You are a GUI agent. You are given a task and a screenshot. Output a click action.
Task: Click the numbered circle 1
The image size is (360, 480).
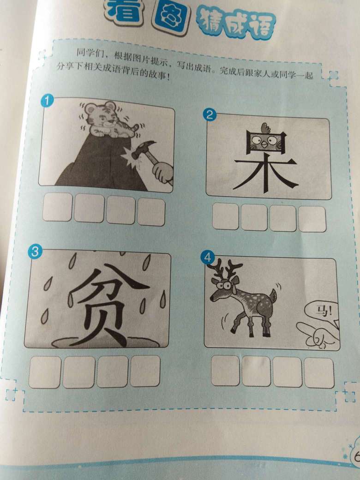coord(47,101)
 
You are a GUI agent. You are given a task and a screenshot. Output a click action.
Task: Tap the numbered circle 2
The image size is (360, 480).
coord(210,115)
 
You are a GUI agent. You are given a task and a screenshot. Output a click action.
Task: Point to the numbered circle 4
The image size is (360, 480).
coord(208,258)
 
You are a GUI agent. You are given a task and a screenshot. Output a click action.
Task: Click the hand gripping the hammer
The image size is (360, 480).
coord(163,173)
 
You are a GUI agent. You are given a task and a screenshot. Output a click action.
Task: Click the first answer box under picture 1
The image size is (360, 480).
coord(58,207)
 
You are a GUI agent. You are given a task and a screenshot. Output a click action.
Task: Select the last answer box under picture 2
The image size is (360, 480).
coord(312,219)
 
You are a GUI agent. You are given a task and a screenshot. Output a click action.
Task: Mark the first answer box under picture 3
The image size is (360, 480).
coord(45,372)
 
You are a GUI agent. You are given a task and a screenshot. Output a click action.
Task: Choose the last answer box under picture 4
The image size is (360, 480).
coord(319,372)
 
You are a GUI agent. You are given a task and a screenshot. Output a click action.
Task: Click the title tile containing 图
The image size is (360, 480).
coord(171,18)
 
